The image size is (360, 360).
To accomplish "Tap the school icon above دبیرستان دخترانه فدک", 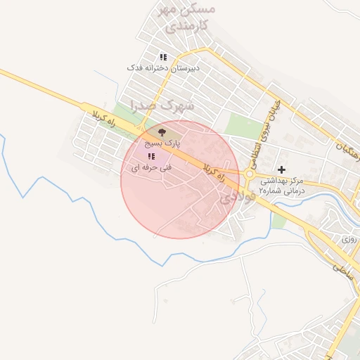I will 163,57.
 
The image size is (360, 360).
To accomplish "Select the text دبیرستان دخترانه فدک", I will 163,68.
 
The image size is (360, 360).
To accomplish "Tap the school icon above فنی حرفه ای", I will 150,156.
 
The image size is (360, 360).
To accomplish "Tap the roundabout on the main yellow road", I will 250,174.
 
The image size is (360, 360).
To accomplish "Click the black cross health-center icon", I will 282,169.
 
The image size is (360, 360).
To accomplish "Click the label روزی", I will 349,239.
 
